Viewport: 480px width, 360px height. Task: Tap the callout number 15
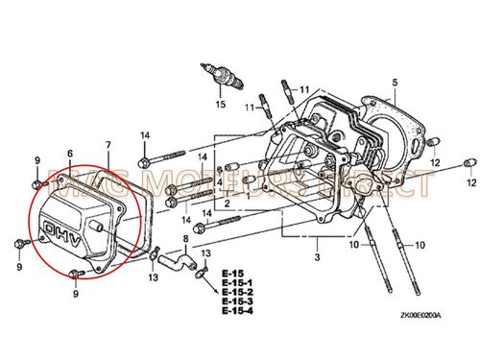click(219, 103)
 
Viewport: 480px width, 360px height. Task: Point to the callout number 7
click(108, 146)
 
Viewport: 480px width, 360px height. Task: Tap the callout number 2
click(228, 204)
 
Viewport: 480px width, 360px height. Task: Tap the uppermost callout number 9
click(37, 157)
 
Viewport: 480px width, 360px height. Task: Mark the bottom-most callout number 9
click(75, 295)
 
